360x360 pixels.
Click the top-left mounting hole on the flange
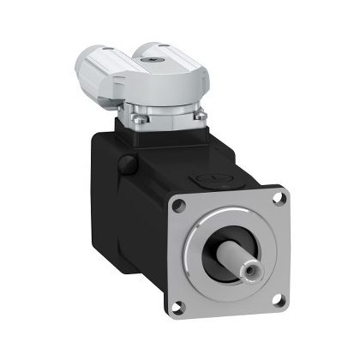(180, 204)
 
